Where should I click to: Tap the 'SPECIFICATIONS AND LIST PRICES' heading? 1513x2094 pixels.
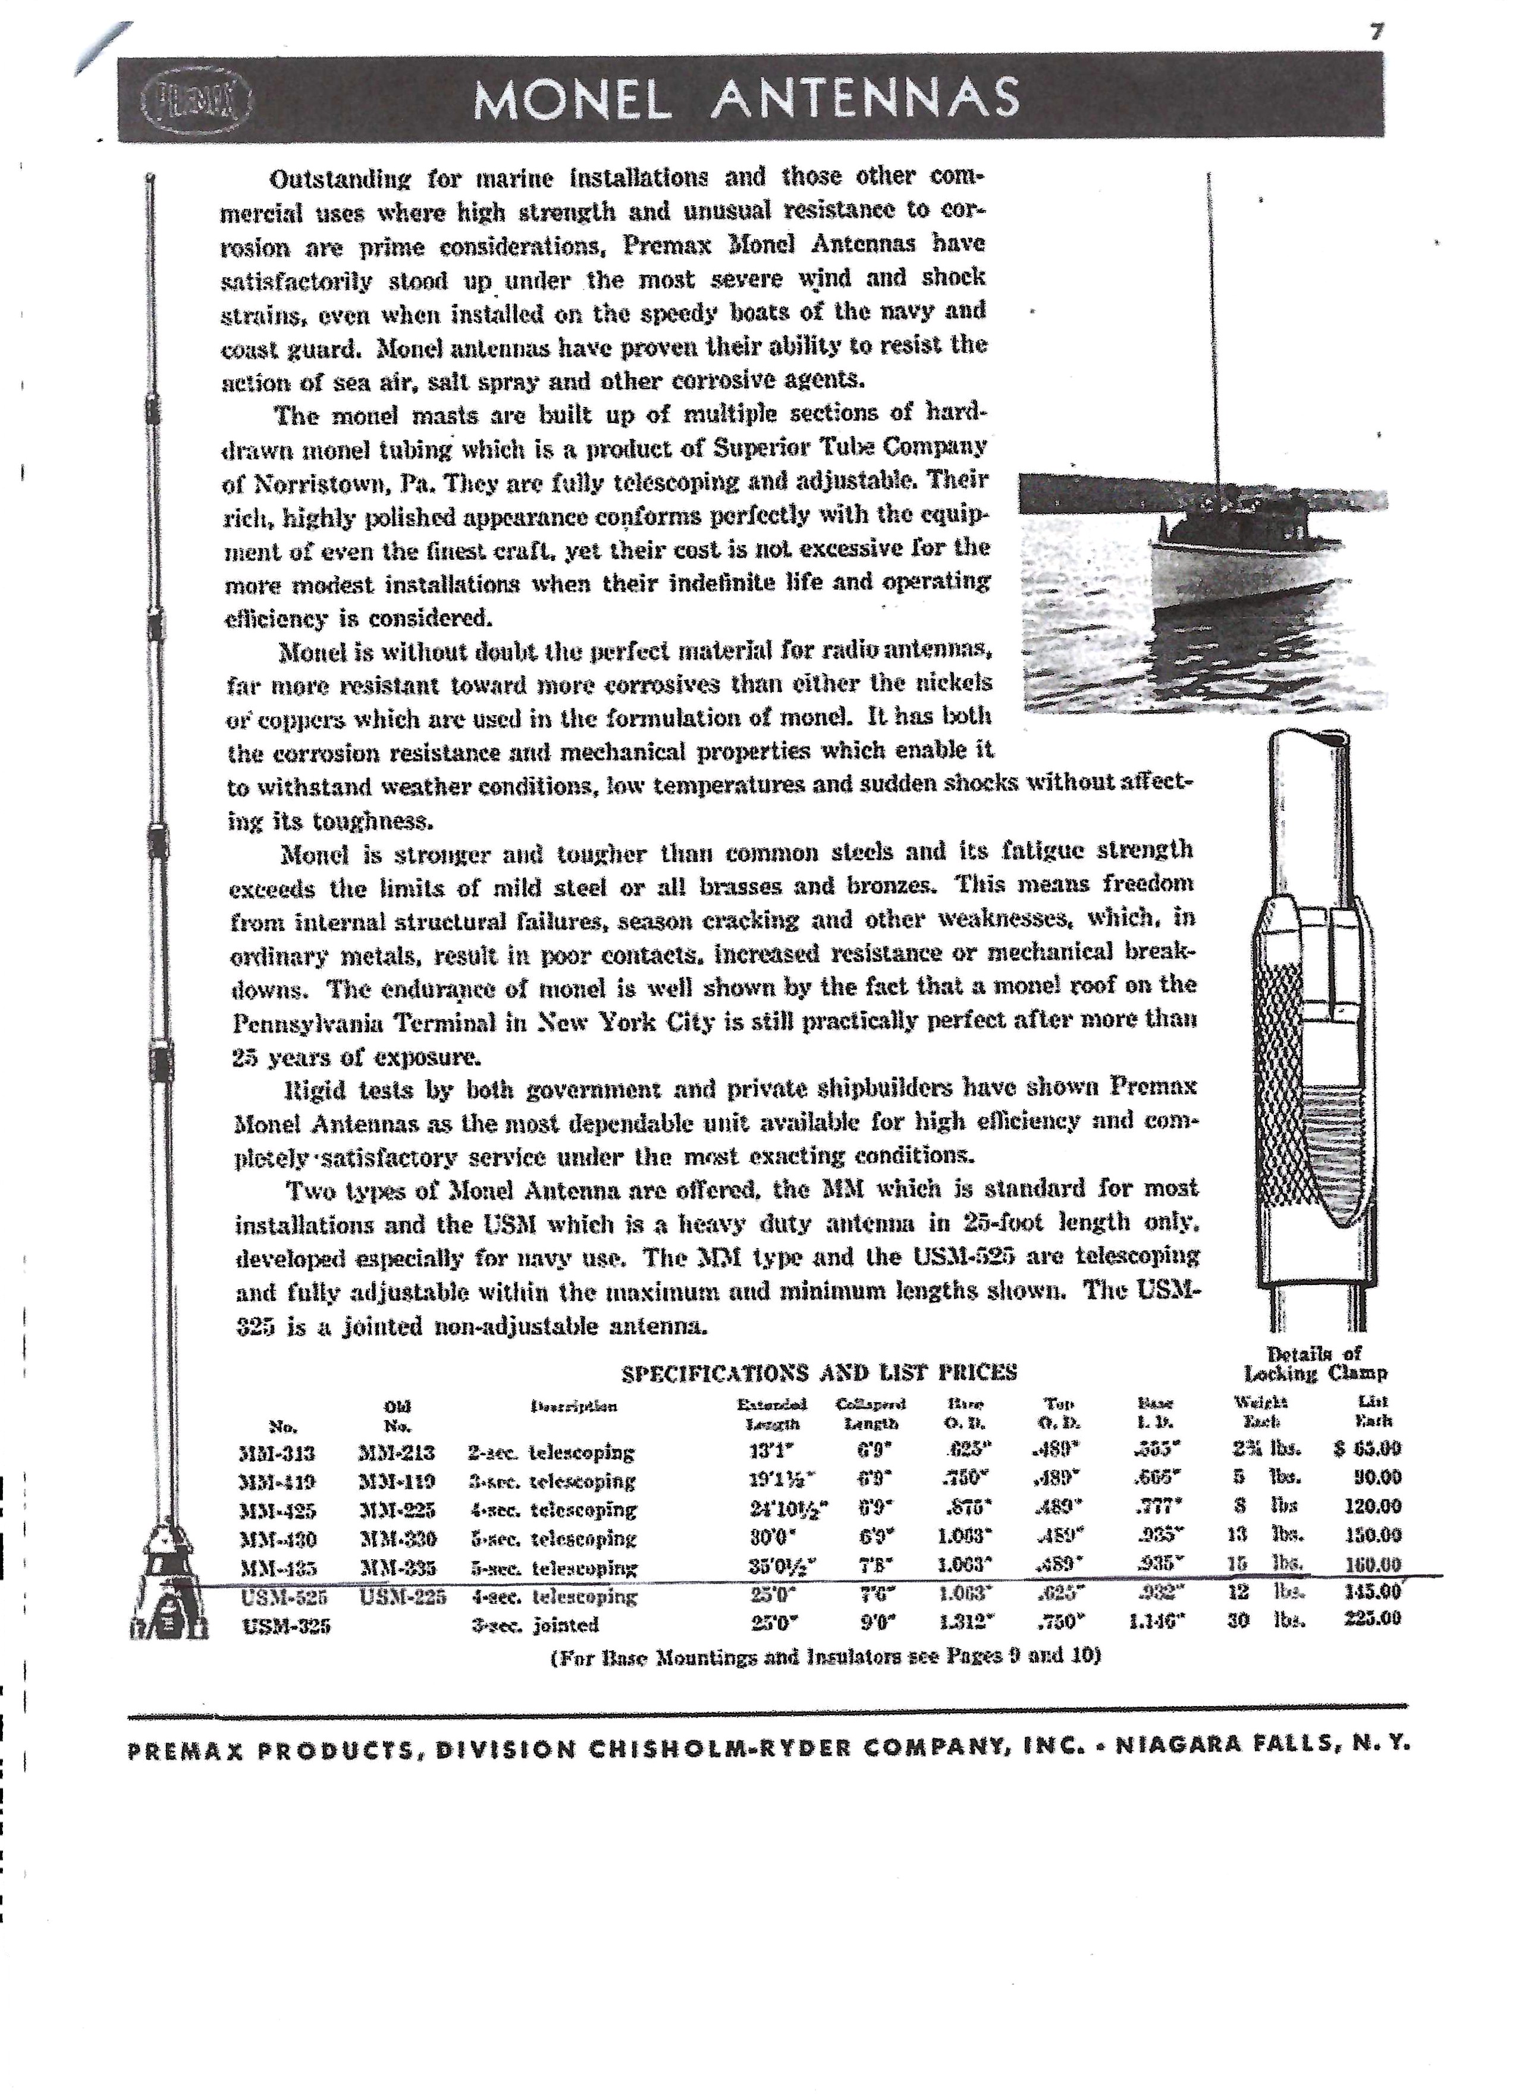point(819,1373)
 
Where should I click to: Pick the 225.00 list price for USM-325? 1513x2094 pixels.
point(1373,1617)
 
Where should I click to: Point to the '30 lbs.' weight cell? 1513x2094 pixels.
point(1264,1619)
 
